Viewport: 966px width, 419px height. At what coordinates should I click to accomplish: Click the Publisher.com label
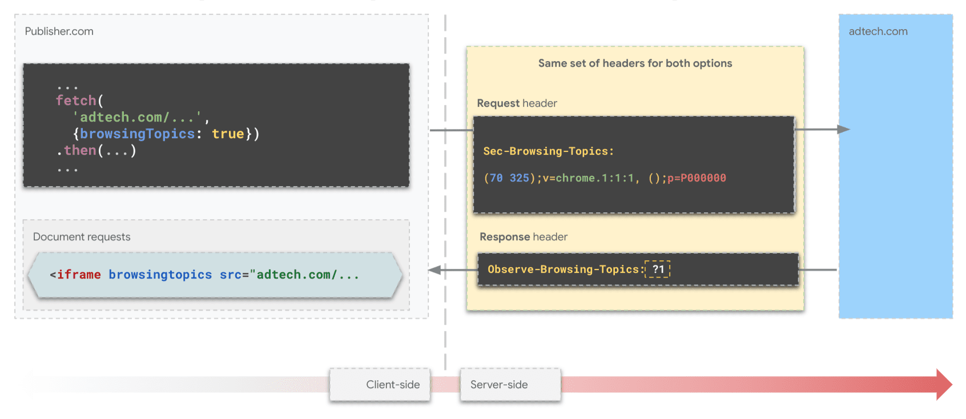click(59, 31)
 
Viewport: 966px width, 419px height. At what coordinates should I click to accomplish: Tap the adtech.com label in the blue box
click(878, 31)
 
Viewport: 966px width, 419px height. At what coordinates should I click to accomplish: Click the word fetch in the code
click(76, 100)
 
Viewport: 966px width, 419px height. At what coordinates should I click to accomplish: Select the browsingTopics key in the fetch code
click(137, 134)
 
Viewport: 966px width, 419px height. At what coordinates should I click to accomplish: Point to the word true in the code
click(228, 134)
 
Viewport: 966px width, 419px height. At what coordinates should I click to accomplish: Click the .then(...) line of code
click(96, 150)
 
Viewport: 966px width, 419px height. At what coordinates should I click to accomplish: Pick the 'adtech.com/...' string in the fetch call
click(137, 117)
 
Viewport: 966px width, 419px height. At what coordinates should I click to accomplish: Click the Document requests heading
click(82, 237)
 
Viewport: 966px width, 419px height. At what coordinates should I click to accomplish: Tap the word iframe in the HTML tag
click(79, 275)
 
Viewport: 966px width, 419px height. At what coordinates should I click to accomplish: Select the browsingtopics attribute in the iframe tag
click(160, 275)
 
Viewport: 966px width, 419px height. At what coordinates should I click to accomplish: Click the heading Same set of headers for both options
click(635, 63)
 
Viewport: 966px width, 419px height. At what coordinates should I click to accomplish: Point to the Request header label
click(517, 103)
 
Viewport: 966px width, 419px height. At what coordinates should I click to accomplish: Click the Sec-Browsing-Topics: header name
click(548, 151)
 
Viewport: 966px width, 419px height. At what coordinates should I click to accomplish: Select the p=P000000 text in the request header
click(697, 178)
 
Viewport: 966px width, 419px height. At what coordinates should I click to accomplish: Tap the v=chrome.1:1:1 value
click(588, 178)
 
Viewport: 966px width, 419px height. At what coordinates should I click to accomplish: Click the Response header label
click(524, 237)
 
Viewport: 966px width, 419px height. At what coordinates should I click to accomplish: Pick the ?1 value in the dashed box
click(658, 269)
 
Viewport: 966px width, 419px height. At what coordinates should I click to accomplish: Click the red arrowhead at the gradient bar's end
click(943, 384)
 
